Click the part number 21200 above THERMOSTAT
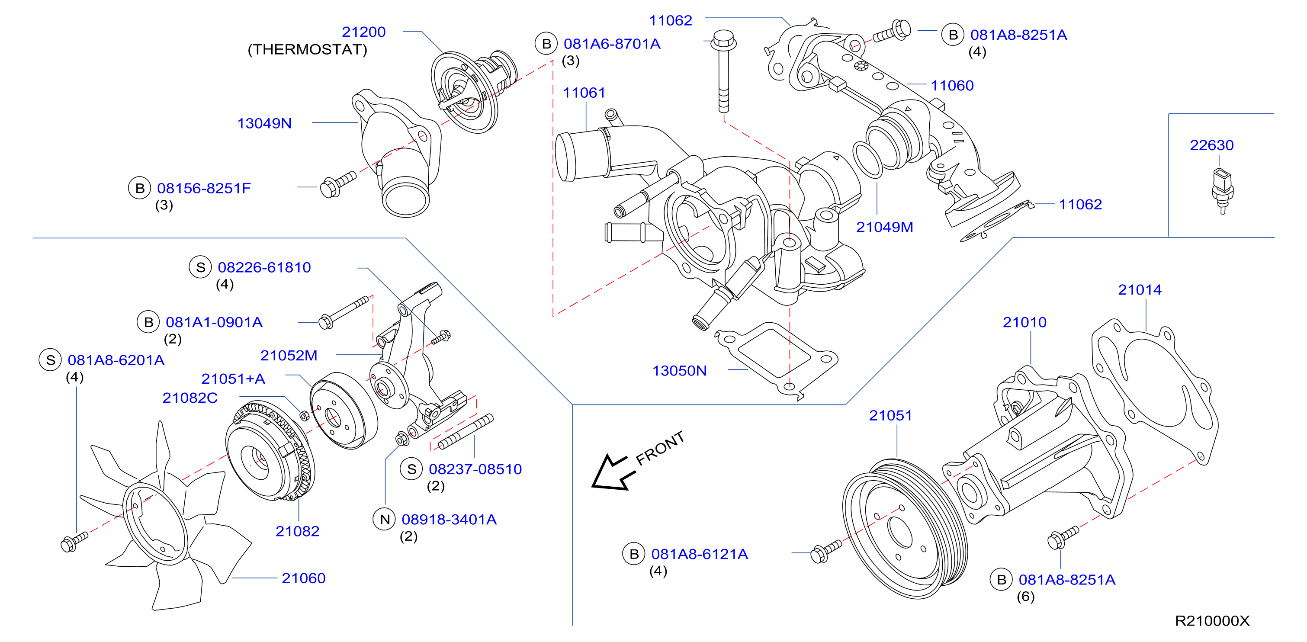[x=363, y=32]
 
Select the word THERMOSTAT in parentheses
[x=307, y=50]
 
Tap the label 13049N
[x=264, y=123]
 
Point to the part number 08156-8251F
[x=203, y=188]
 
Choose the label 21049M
[x=884, y=227]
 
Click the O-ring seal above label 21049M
[x=867, y=160]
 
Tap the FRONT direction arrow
[x=613, y=472]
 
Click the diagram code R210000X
[x=1212, y=621]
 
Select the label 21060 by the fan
[x=303, y=578]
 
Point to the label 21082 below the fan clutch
[x=297, y=531]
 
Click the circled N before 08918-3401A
[x=385, y=519]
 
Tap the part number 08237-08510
[x=475, y=469]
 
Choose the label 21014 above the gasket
[x=1140, y=290]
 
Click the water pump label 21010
[x=1024, y=322]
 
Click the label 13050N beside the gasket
[x=679, y=370]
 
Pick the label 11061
[x=584, y=93]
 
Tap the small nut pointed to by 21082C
[x=305, y=416]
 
